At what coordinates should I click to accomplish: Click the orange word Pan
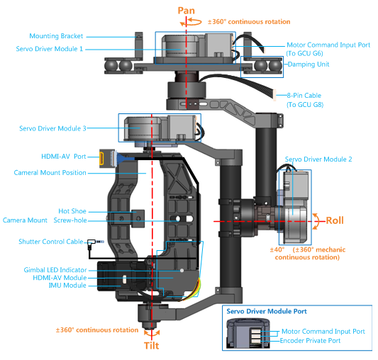(186, 11)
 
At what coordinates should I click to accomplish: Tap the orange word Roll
(335, 220)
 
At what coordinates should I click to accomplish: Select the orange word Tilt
(151, 346)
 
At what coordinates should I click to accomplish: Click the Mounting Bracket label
(56, 36)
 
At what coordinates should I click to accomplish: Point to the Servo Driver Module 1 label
(50, 49)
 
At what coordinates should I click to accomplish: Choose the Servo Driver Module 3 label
(52, 128)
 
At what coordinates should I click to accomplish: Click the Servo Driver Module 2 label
(318, 159)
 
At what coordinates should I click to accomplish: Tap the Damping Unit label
(308, 64)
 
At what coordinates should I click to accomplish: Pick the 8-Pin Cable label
(304, 96)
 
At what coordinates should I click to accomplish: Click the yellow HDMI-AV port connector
(101, 159)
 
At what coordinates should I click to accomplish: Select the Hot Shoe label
(72, 211)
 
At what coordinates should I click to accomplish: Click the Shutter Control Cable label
(51, 242)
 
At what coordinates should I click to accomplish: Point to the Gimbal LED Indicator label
(55, 270)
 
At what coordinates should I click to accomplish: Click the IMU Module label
(67, 286)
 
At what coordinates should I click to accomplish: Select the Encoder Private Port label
(310, 341)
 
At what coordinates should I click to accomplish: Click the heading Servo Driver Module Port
(267, 311)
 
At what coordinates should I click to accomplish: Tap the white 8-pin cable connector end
(274, 95)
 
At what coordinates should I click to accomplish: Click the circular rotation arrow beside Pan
(191, 22)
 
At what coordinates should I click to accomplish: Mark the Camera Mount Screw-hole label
(45, 220)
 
